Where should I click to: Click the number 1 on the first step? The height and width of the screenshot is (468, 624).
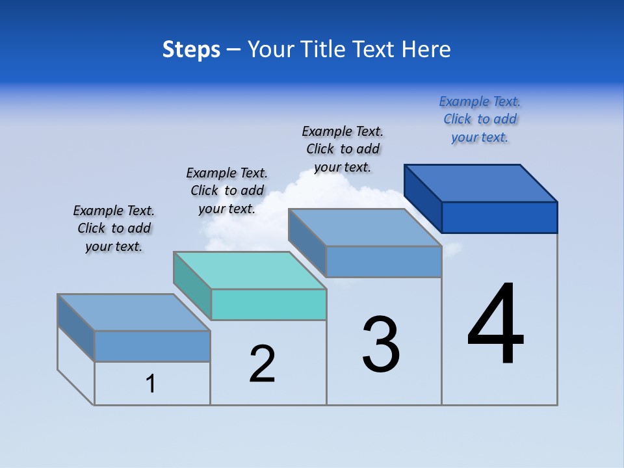click(x=151, y=383)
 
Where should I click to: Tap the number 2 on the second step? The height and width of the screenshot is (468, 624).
click(x=262, y=364)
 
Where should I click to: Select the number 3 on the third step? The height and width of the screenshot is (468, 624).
click(x=381, y=344)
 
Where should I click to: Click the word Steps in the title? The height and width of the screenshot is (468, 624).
click(x=191, y=49)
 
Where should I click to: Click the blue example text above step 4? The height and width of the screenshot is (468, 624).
click(x=480, y=120)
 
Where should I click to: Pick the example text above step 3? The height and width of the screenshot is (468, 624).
click(x=343, y=149)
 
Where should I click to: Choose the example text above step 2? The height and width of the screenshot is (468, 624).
click(x=227, y=190)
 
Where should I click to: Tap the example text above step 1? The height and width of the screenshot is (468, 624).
click(x=114, y=228)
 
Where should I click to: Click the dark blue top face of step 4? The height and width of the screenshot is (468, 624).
click(x=481, y=183)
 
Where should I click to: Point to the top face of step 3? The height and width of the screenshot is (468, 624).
click(x=365, y=227)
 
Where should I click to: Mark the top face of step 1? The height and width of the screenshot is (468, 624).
click(x=134, y=313)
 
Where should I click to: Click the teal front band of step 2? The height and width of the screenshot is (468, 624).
click(x=268, y=304)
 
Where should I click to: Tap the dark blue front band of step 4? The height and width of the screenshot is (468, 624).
click(x=499, y=217)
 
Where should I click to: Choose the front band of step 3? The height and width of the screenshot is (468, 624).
click(x=383, y=261)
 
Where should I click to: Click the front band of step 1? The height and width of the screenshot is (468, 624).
click(x=152, y=346)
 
